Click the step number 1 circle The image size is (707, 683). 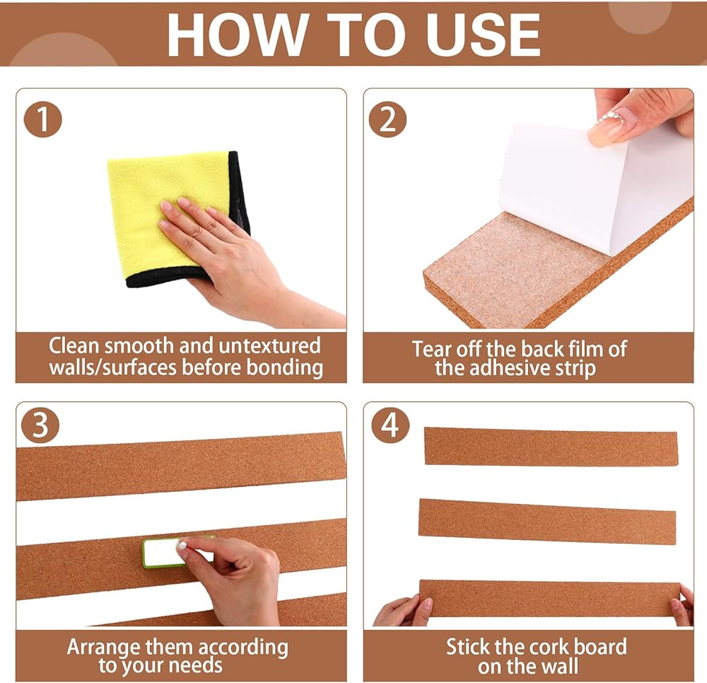(x=43, y=119)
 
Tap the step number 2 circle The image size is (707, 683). (x=387, y=120)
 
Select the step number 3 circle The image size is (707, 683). (x=40, y=425)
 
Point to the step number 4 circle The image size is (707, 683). (x=390, y=425)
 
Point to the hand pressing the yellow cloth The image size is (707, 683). (x=239, y=262)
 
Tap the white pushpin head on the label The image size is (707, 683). (x=182, y=546)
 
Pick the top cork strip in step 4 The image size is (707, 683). (x=551, y=447)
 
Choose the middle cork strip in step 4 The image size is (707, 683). (x=547, y=522)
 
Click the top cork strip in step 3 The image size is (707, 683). (x=180, y=466)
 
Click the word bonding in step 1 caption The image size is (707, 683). (x=284, y=367)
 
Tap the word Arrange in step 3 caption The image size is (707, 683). (x=103, y=648)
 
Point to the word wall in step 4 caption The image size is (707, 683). (x=559, y=666)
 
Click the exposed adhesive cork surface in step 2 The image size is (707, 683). (x=514, y=271)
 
